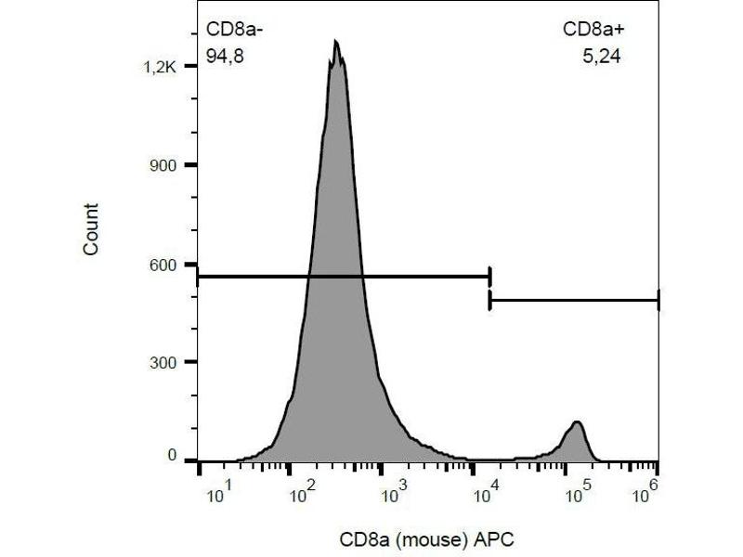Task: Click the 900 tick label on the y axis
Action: (163, 165)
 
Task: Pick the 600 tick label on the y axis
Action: (163, 265)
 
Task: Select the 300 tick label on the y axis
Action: (163, 362)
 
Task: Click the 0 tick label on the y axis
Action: (172, 457)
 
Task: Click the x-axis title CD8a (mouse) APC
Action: (426, 539)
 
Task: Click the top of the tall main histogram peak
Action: (335, 43)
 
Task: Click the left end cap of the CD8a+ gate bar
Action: (489, 301)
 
